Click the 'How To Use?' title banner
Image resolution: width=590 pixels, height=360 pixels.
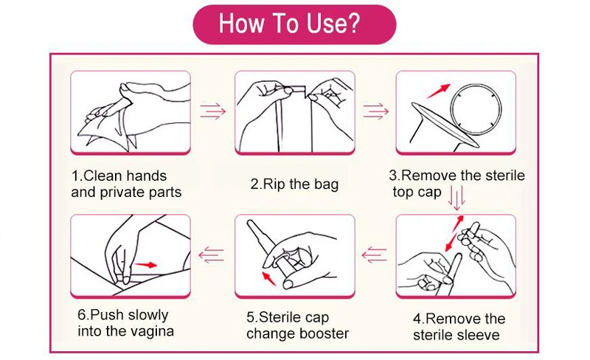294,24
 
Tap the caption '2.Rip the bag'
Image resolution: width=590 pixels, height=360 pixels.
294,184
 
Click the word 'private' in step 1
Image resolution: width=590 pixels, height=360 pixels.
122,193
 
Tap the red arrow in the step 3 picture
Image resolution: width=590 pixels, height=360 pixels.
438,91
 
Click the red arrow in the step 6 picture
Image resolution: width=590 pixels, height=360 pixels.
145,265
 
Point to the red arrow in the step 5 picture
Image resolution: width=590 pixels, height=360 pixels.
268,277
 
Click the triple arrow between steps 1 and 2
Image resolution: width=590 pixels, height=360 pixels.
212,111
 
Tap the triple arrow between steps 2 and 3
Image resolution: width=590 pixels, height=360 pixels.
376,111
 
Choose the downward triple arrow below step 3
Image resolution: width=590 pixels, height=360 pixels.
457,198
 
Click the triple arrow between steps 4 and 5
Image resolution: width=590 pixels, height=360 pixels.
375,255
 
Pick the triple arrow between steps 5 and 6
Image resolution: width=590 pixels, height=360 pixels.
211,255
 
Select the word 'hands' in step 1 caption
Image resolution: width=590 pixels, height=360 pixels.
146,176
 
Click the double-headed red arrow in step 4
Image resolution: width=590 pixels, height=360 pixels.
454,233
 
